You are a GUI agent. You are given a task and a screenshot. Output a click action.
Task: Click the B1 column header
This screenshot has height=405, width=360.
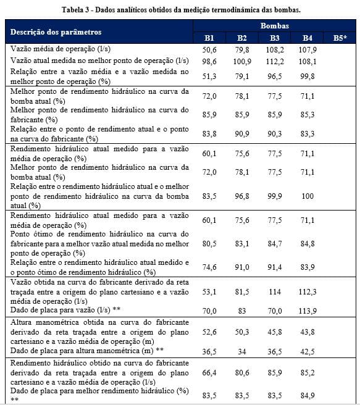pos(210,38)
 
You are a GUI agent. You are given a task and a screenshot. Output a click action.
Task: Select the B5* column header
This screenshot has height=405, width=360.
pos(340,38)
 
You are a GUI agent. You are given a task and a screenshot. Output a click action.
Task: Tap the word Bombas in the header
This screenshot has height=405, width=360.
pos(274,27)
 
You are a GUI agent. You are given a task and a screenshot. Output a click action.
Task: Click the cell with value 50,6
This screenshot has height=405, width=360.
pos(210,49)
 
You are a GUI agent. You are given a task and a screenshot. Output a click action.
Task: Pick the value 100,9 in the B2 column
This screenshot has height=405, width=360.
pos(242,61)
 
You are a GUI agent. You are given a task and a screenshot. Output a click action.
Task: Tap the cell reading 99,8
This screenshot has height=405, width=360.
pos(307,76)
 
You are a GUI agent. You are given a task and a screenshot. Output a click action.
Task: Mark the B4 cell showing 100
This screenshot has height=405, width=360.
pos(307,195)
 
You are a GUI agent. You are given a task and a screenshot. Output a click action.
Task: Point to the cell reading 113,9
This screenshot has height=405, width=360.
pos(307,311)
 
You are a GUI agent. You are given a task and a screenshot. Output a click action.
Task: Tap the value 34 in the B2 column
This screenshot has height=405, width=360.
pos(242,351)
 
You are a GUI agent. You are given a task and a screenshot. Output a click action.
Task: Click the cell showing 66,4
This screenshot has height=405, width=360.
pos(210,372)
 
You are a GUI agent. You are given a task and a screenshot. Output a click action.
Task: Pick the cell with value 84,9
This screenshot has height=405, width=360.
pos(307,395)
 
